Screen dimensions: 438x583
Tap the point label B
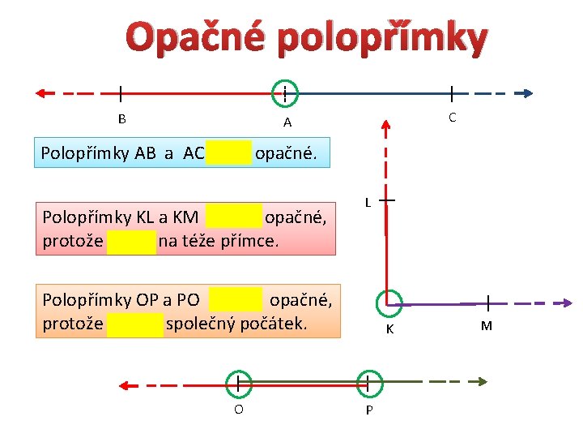[x=121, y=119]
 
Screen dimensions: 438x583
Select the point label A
[x=287, y=123]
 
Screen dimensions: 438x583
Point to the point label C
[x=452, y=118]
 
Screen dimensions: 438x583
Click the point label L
[x=367, y=202]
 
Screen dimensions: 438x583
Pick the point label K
[x=389, y=329]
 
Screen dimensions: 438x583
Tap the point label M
[x=486, y=327]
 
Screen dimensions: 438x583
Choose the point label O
[x=238, y=409]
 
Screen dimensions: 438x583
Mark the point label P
[x=369, y=410]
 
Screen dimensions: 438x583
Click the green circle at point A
[x=285, y=93]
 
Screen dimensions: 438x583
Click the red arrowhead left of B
[x=40, y=93]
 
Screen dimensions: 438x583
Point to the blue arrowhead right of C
[x=527, y=93]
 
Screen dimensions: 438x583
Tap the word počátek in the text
[x=274, y=324]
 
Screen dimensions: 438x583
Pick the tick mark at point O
[x=238, y=381]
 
